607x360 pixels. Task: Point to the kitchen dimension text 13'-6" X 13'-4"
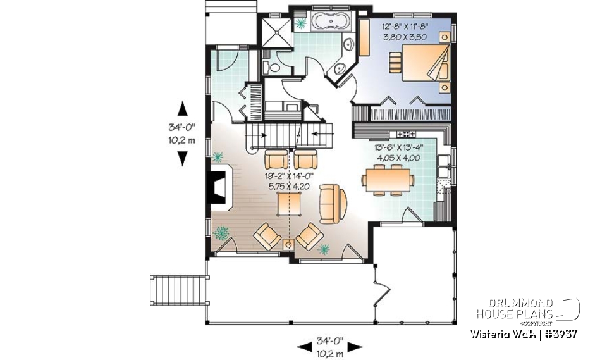click(398, 147)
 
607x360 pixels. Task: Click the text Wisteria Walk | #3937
click(525, 333)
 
